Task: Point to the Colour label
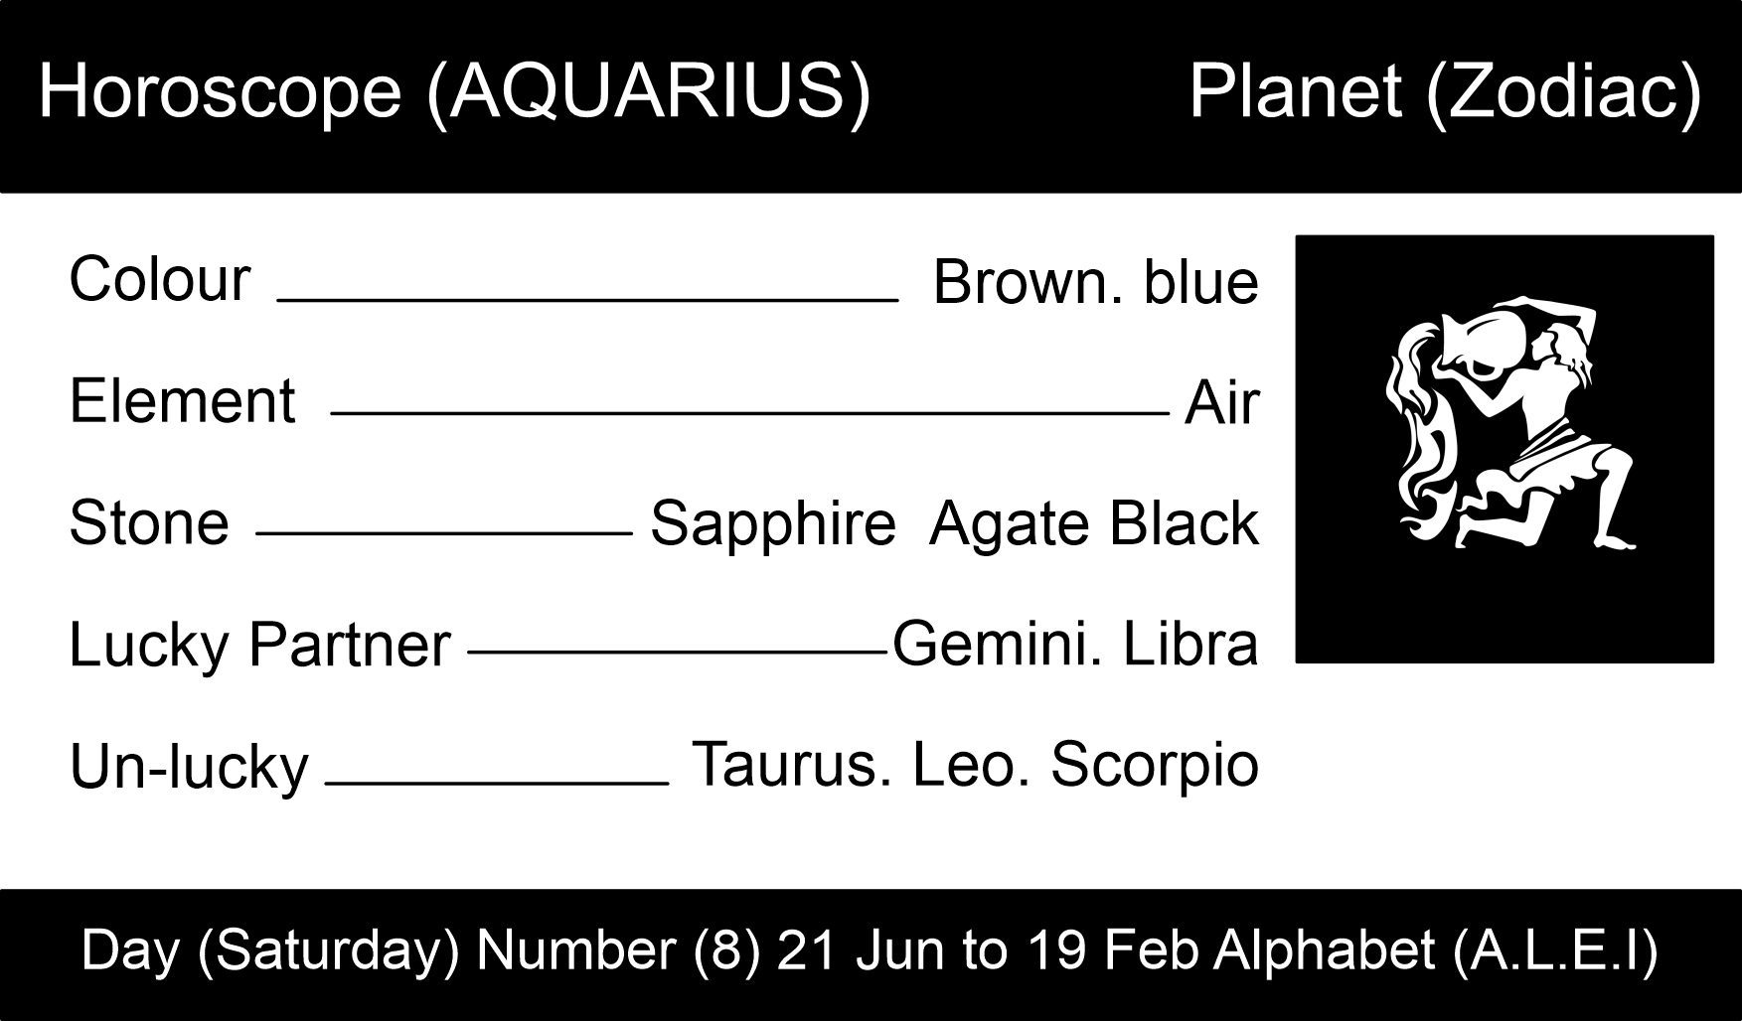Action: (x=159, y=279)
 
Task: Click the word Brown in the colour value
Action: (x=1020, y=282)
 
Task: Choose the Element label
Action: (x=182, y=401)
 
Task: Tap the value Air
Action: (x=1221, y=404)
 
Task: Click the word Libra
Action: (x=1190, y=644)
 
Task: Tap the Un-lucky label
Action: (x=189, y=768)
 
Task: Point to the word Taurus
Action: (x=786, y=765)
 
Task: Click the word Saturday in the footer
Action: (x=328, y=949)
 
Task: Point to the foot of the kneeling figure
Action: (x=1615, y=540)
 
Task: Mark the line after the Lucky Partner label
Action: (x=677, y=653)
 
